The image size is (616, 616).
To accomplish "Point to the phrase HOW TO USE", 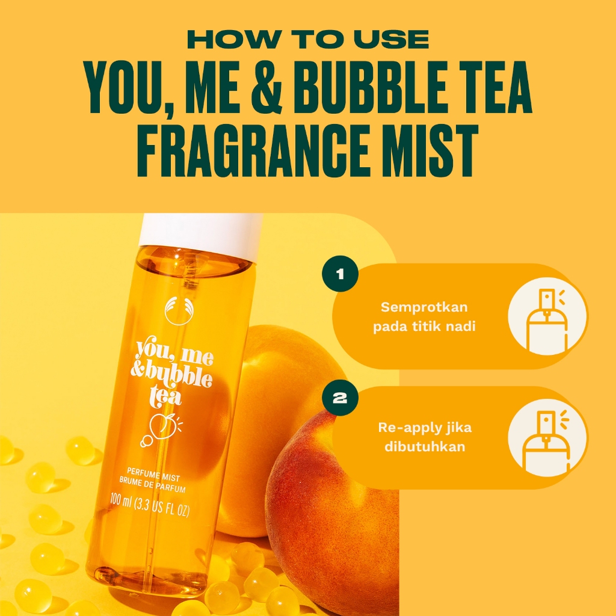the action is click(x=308, y=40).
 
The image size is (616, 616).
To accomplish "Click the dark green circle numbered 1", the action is click(x=340, y=274).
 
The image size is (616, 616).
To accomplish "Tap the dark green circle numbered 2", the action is click(x=340, y=398).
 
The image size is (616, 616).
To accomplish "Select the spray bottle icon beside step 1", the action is click(x=547, y=316).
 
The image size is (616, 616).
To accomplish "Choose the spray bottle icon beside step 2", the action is click(x=547, y=438).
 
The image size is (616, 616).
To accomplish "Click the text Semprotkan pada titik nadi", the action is click(x=424, y=316).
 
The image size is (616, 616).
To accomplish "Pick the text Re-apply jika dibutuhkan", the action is click(x=425, y=437).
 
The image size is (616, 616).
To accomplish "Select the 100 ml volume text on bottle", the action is click(x=150, y=505).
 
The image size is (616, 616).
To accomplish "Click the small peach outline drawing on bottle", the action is click(x=161, y=428).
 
